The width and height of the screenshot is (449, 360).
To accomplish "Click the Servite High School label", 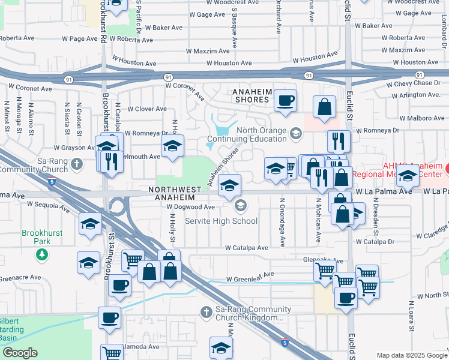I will tap(221, 221).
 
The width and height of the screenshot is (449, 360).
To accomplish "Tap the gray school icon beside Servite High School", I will tap(241, 206).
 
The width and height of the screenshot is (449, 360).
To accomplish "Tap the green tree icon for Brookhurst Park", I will tap(41, 254).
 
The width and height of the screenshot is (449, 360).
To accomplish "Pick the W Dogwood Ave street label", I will tap(191, 207).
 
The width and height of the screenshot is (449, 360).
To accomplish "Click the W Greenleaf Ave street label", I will tap(250, 274).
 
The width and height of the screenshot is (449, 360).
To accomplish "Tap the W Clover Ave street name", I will tap(147, 109).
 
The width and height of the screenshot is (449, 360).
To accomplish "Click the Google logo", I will tap(20, 353).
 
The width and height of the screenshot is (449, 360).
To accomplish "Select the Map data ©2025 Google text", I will tap(411, 355).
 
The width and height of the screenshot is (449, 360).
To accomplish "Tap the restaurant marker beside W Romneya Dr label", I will tap(339, 141).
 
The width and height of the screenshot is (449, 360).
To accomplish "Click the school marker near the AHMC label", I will tap(408, 177).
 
